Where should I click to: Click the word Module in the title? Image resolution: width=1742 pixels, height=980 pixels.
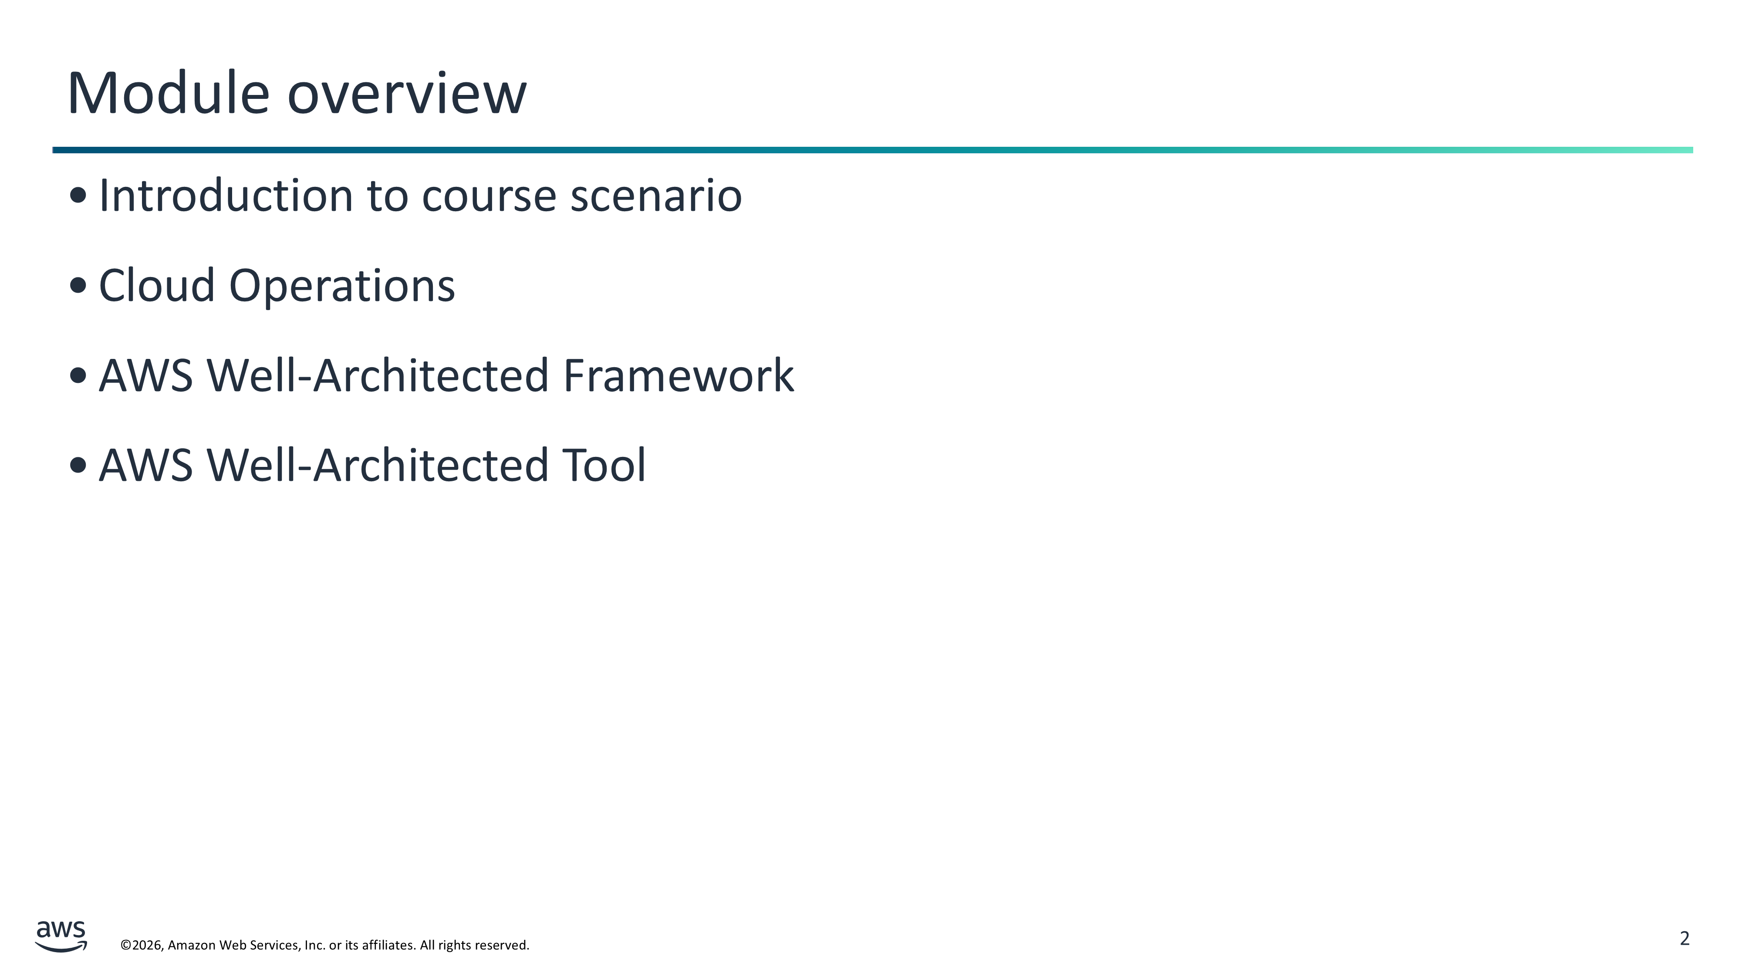point(169,93)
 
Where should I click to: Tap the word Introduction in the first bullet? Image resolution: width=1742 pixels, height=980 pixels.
point(226,196)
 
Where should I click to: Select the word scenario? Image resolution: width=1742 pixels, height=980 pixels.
point(656,196)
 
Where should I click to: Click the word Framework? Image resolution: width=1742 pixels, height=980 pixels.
point(678,375)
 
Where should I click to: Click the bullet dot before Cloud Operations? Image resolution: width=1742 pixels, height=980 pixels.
point(78,285)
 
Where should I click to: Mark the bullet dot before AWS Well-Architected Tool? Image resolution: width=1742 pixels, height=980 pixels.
point(78,465)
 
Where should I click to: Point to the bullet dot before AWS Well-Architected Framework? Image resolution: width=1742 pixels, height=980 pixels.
point(78,375)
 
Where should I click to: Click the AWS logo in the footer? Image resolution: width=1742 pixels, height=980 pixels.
point(61,936)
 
